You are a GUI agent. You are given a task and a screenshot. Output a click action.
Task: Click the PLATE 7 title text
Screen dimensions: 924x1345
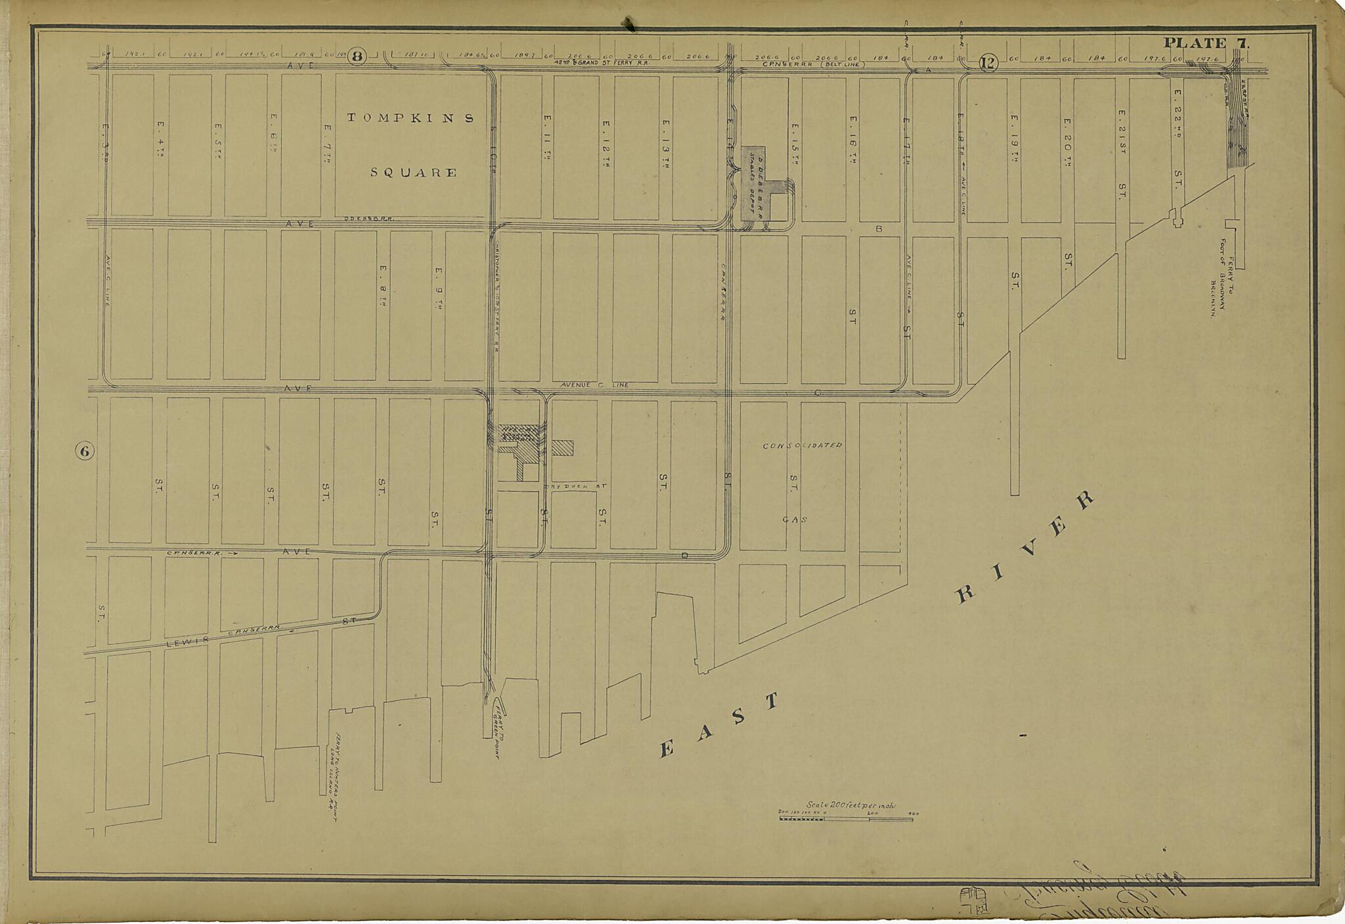point(1206,43)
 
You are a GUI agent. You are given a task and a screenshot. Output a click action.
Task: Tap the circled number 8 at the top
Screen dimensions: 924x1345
point(357,56)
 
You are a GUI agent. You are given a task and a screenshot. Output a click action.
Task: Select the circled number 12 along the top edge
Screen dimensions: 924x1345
point(988,63)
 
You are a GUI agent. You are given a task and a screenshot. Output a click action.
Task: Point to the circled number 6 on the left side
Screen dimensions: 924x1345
point(85,451)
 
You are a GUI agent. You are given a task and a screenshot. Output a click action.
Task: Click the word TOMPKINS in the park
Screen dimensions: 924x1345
point(410,118)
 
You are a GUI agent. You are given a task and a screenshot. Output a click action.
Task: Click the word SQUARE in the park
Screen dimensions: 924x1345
point(413,173)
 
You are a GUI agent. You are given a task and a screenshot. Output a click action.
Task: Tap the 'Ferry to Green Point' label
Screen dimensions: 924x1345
point(498,729)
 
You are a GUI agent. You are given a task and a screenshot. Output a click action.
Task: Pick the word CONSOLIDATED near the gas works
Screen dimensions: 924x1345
point(802,445)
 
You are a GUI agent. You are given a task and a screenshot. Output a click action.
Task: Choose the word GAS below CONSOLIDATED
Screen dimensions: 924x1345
point(794,519)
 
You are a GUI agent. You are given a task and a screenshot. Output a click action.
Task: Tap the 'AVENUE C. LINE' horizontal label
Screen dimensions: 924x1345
point(594,385)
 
